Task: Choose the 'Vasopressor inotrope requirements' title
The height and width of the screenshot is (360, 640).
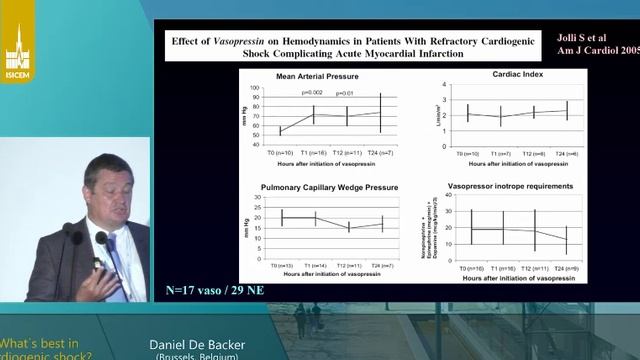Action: (x=510, y=186)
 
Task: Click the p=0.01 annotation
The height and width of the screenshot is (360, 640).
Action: (x=347, y=93)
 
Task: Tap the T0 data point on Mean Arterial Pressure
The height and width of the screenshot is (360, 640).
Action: (x=281, y=130)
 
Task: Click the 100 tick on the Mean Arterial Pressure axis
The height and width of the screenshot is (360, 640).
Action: (x=257, y=88)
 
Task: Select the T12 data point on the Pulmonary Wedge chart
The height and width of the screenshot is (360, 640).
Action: (x=348, y=227)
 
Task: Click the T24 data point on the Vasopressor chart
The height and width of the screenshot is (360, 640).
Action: (x=566, y=240)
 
